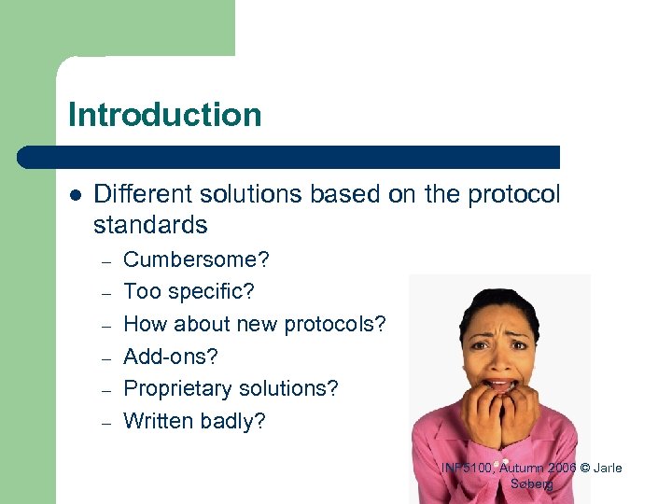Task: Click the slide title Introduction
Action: click(x=164, y=115)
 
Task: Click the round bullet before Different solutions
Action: click(x=76, y=194)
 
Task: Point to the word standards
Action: click(x=150, y=225)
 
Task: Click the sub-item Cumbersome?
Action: click(x=190, y=259)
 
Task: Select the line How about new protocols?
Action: click(x=254, y=324)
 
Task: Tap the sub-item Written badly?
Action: click(x=194, y=421)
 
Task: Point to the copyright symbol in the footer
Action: click(x=583, y=468)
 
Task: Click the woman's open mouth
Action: click(x=501, y=384)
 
